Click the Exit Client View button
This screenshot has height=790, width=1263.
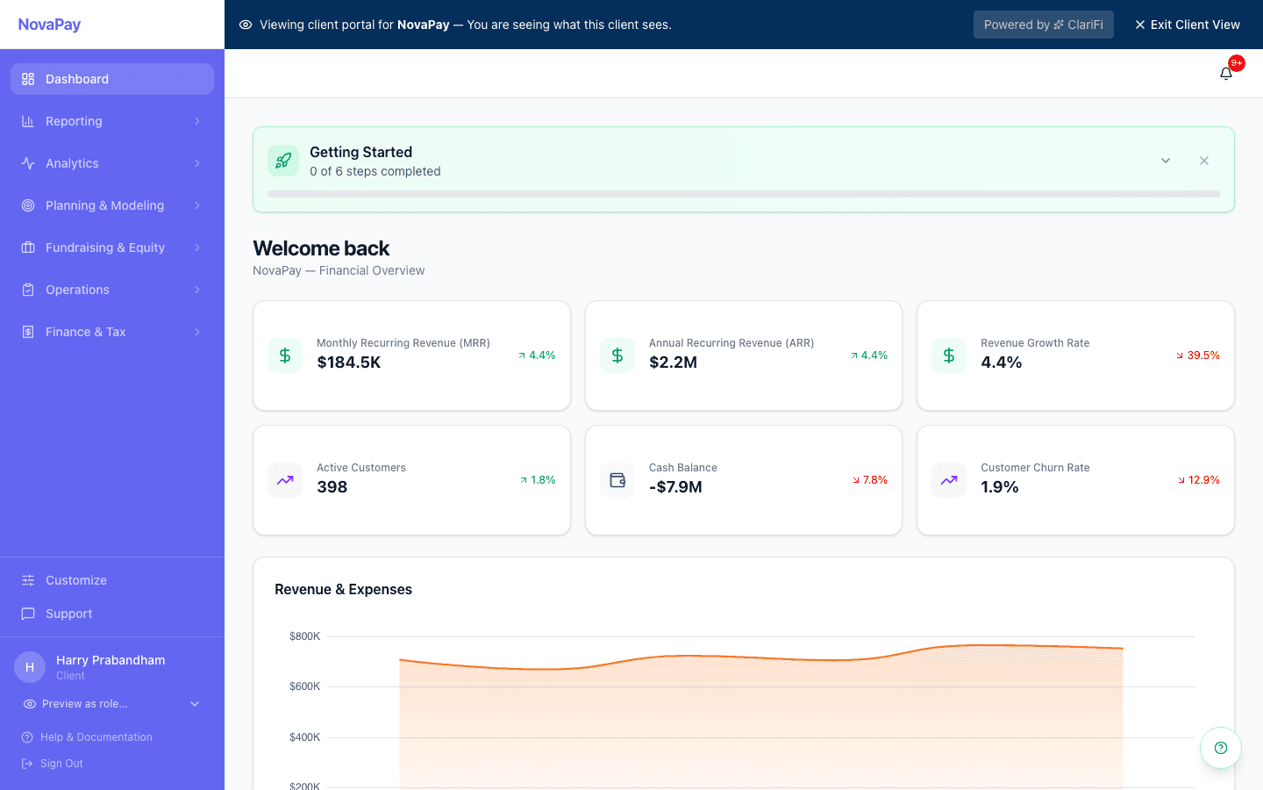pyautogui.click(x=1188, y=25)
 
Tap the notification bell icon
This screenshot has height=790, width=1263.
pyautogui.click(x=1226, y=74)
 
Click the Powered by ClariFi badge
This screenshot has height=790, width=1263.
pyautogui.click(x=1043, y=25)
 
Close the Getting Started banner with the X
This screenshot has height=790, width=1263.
pyautogui.click(x=1204, y=161)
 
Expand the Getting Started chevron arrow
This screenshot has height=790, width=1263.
pyautogui.click(x=1166, y=161)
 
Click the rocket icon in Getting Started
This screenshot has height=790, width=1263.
pyautogui.click(x=283, y=161)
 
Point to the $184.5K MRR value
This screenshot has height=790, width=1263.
pyautogui.click(x=349, y=363)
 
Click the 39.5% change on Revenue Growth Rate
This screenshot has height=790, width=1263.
pyautogui.click(x=1198, y=355)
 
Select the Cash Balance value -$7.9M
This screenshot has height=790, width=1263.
pyautogui.click(x=675, y=487)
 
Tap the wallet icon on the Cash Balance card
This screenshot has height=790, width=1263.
pyautogui.click(x=617, y=480)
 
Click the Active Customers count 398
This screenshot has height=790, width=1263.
pyautogui.click(x=332, y=487)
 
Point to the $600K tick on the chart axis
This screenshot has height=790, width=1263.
pyautogui.click(x=305, y=686)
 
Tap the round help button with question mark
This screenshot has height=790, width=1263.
pyautogui.click(x=1221, y=748)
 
